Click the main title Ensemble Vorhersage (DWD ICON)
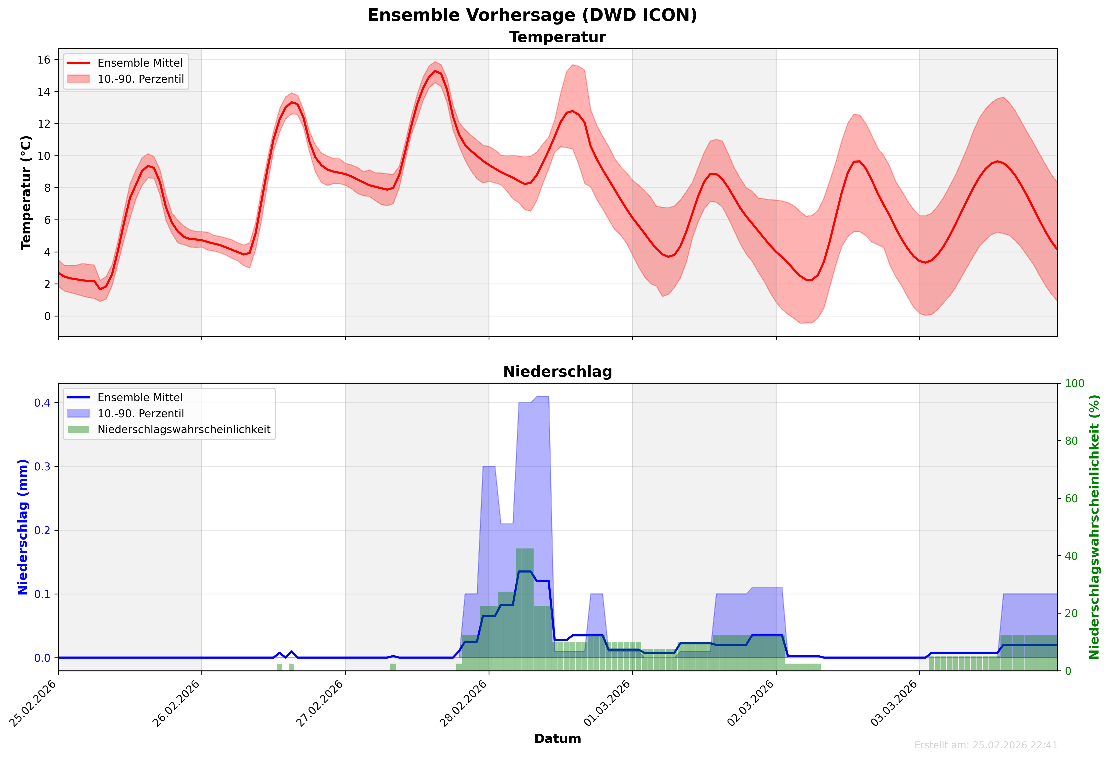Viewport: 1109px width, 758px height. (532, 15)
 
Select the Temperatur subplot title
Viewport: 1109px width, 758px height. (557, 37)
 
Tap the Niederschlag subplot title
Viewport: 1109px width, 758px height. (557, 372)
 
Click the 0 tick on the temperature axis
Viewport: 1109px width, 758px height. (47, 316)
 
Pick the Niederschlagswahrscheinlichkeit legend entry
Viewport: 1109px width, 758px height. (184, 429)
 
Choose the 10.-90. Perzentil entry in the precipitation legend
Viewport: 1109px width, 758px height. (140, 414)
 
